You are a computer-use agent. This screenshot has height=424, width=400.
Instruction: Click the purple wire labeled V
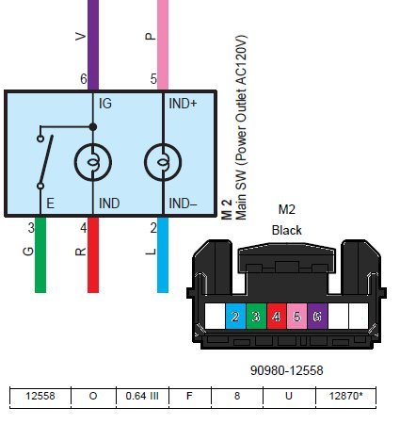point(93,45)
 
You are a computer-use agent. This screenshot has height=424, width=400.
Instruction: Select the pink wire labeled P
point(163,45)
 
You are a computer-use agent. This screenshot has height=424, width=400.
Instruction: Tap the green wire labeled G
point(40,254)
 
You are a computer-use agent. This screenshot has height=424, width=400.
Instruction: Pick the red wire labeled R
point(93,254)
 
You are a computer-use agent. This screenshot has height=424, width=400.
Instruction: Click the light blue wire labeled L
point(163,254)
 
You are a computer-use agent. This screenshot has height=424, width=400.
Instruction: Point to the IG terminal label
point(105,104)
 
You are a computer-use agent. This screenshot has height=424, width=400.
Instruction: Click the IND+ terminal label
point(183,104)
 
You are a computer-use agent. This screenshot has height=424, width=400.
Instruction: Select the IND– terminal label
point(183,204)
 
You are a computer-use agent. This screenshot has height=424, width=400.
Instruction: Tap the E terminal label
point(51,204)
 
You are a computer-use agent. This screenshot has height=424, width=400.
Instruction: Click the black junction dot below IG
point(93,127)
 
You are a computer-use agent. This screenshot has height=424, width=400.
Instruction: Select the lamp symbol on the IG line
point(93,162)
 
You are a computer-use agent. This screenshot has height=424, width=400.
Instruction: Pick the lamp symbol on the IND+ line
point(163,162)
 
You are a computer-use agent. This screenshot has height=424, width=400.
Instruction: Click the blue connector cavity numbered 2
point(235,317)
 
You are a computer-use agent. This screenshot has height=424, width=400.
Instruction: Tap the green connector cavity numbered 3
point(256,317)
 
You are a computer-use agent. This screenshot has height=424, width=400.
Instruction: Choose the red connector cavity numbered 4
point(277,317)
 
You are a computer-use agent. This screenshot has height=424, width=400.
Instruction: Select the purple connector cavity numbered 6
point(317,317)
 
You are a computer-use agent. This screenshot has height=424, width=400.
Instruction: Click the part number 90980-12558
point(287,370)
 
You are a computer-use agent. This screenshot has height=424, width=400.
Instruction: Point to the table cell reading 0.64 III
point(142,396)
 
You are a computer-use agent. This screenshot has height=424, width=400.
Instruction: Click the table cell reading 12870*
point(345,396)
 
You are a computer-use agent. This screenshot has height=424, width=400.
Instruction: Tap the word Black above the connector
point(287,231)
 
